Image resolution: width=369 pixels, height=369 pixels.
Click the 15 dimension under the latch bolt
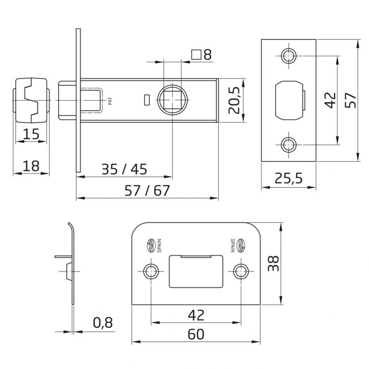(31, 134)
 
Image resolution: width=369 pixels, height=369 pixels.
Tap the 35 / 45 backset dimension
(124, 169)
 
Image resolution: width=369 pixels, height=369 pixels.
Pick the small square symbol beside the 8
(196, 54)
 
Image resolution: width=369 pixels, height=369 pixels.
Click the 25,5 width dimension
(288, 178)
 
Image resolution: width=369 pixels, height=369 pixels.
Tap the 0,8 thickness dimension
(103, 322)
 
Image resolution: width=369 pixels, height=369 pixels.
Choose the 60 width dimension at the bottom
(196, 334)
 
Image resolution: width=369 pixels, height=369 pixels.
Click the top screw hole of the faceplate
(288, 55)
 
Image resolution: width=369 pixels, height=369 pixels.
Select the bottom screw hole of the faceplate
(288, 143)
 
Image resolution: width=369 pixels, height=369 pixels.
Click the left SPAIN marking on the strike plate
(158, 245)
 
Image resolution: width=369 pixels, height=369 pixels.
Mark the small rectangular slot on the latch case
(147, 99)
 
